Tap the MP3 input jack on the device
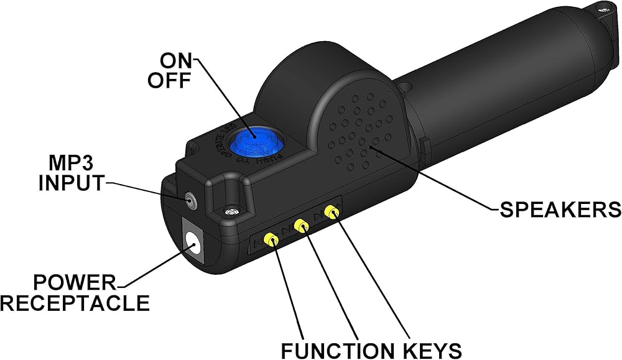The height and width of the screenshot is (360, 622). click(189, 200)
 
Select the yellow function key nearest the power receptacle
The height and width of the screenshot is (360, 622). click(271, 239)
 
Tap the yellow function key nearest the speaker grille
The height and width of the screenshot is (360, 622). click(334, 214)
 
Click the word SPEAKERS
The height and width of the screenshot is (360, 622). click(560, 209)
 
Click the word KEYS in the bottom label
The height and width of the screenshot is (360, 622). click(429, 348)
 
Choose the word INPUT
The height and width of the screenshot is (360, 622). click(70, 183)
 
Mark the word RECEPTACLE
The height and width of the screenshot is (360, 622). click(75, 303)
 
